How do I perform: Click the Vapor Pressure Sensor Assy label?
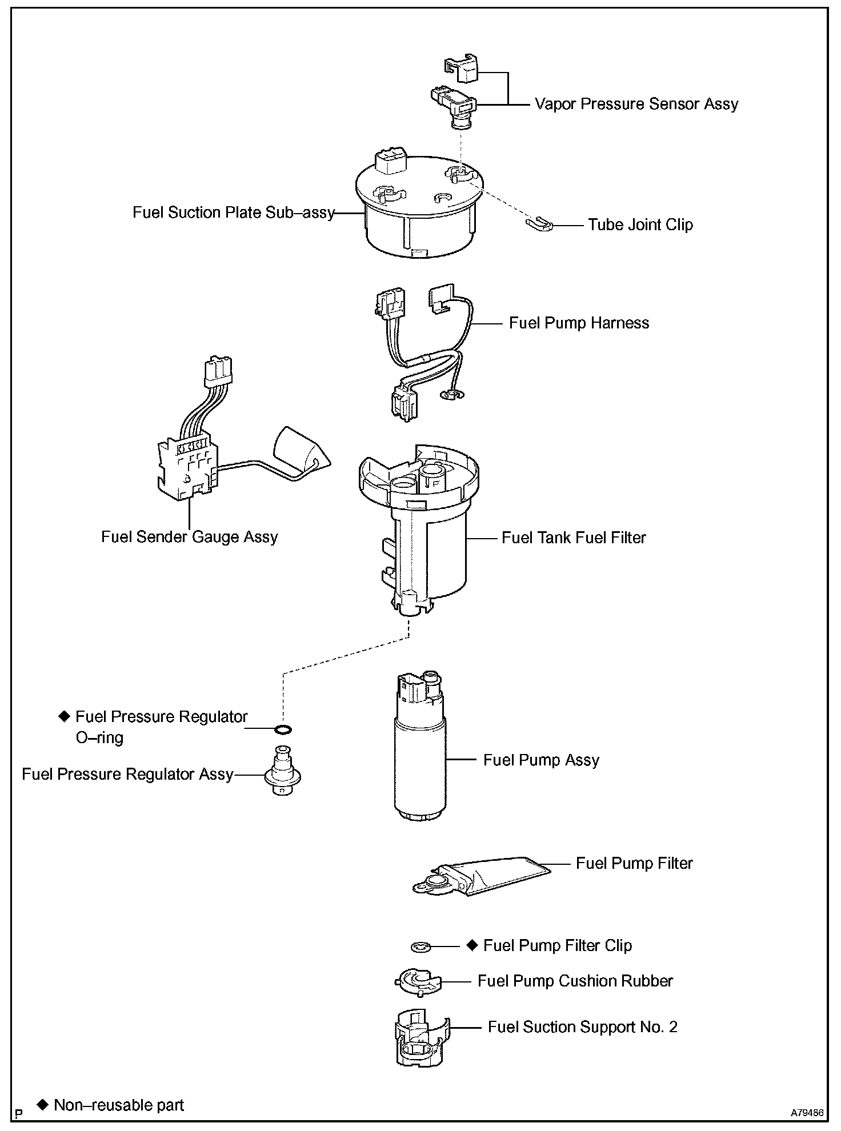click(636, 104)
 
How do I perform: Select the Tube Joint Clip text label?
click(640, 224)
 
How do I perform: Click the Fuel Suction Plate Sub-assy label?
click(233, 212)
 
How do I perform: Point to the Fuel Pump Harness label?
click(579, 323)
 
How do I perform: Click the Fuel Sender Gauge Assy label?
click(189, 537)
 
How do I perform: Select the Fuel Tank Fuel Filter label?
click(574, 538)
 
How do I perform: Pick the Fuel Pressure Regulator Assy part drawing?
click(282, 771)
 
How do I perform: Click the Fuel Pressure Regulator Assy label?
click(127, 775)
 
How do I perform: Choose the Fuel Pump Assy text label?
click(541, 760)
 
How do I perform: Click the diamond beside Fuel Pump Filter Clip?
click(472, 945)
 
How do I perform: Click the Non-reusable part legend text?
click(119, 1105)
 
